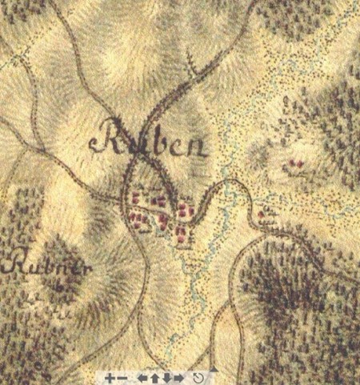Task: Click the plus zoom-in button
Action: tap(110, 377)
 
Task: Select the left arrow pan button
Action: tap(143, 377)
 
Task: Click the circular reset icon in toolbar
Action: tap(198, 377)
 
